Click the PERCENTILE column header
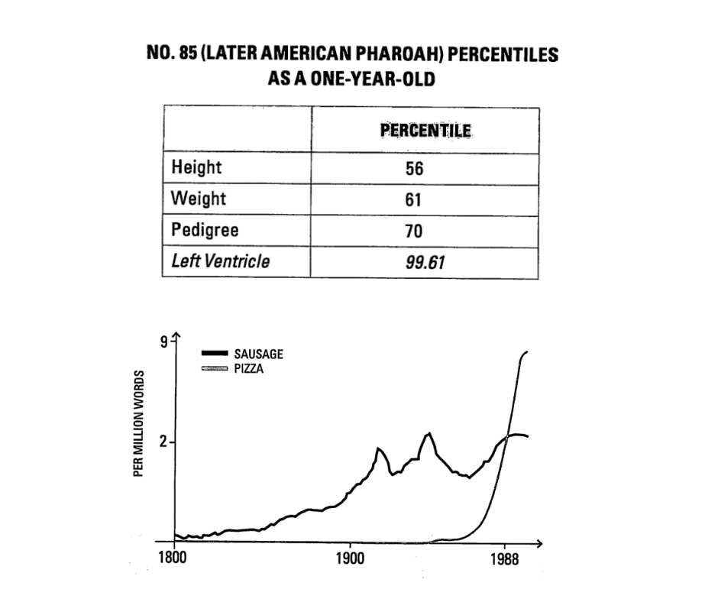pyautogui.click(x=425, y=131)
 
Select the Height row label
pyautogui.click(x=196, y=167)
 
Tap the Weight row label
pyautogui.click(x=199, y=199)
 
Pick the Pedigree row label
pyautogui.click(x=204, y=230)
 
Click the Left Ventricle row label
pyautogui.click(x=220, y=261)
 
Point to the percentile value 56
pyautogui.click(x=414, y=168)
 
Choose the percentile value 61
pyautogui.click(x=414, y=199)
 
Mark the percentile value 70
pyautogui.click(x=414, y=231)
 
